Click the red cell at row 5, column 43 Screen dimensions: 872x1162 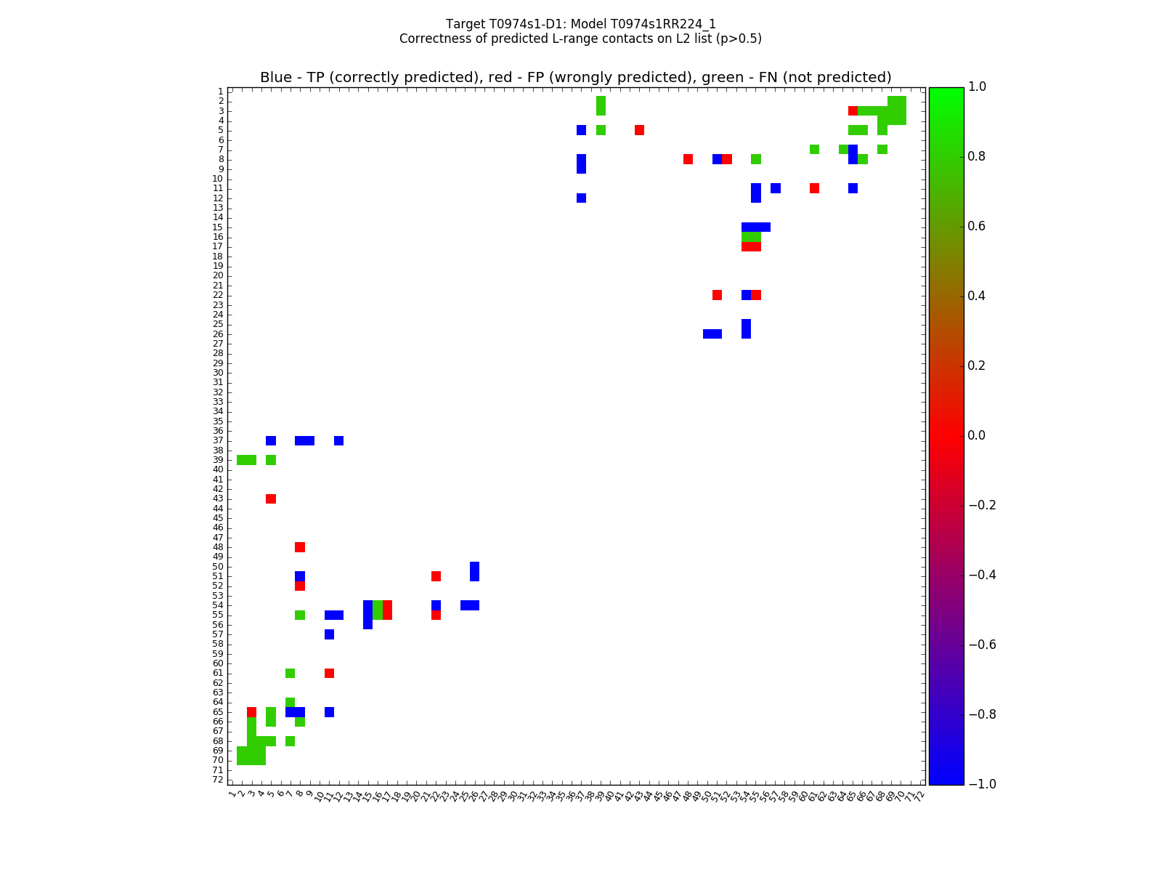point(639,130)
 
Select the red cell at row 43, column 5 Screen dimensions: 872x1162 point(271,498)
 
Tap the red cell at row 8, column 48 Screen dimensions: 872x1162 point(688,159)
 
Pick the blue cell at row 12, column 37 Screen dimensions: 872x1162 point(581,198)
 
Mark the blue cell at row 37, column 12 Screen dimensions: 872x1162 point(338,440)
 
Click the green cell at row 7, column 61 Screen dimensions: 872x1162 point(814,150)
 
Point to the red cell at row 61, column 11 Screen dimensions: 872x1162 point(329,673)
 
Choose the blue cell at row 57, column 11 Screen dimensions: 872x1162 point(329,634)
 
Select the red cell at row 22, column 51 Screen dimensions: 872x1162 point(717,295)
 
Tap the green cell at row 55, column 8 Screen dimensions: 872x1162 point(300,615)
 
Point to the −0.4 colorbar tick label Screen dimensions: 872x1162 point(980,575)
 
